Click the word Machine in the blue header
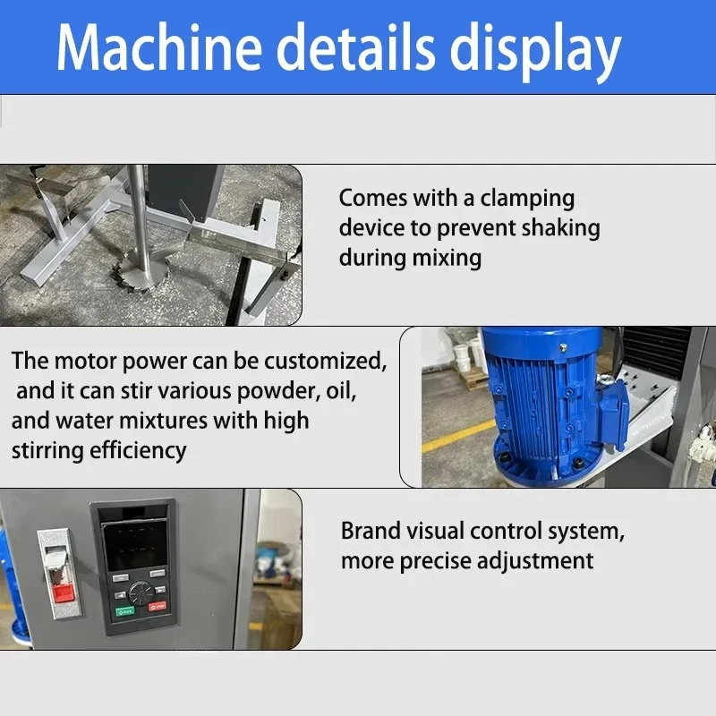coord(159,47)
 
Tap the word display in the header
coord(535,52)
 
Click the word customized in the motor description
coord(325,362)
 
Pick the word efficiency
coord(138,452)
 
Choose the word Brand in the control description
coord(371,531)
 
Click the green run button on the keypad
coord(125,611)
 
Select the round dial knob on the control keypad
coord(141,592)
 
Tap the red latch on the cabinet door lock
coord(63,593)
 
